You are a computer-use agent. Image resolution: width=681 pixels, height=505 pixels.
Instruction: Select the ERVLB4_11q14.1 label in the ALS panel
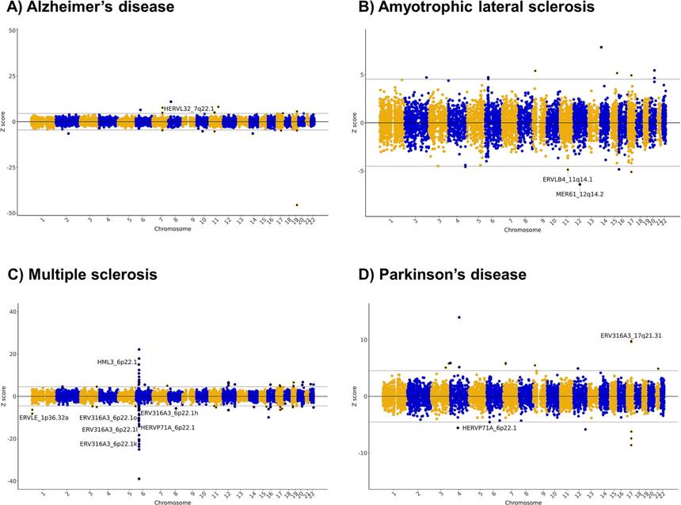567,180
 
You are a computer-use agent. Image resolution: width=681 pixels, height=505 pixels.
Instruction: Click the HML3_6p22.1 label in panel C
117,362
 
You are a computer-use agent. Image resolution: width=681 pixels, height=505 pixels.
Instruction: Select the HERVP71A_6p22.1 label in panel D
489,428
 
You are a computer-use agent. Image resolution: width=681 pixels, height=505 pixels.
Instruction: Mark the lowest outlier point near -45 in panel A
297,205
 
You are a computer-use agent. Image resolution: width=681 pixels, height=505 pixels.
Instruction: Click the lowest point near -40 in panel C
139,479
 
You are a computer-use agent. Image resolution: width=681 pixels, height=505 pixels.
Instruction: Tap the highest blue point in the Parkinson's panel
459,317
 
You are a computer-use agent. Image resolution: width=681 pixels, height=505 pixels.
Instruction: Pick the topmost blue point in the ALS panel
601,48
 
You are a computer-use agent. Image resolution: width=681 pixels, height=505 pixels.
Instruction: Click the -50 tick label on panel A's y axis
13,212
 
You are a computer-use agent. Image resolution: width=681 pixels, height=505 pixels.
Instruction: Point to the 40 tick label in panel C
13,311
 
